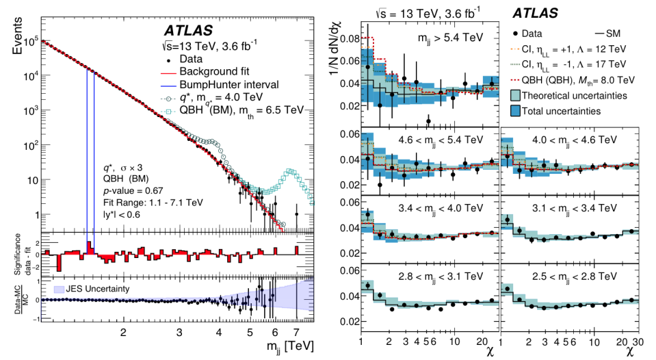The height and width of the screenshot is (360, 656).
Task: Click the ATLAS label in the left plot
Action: coord(188,31)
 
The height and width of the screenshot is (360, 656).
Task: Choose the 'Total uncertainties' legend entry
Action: coord(567,110)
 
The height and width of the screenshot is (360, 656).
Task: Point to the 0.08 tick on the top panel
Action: coord(350,40)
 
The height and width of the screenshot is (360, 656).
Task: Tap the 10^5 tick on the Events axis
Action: coord(30,42)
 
